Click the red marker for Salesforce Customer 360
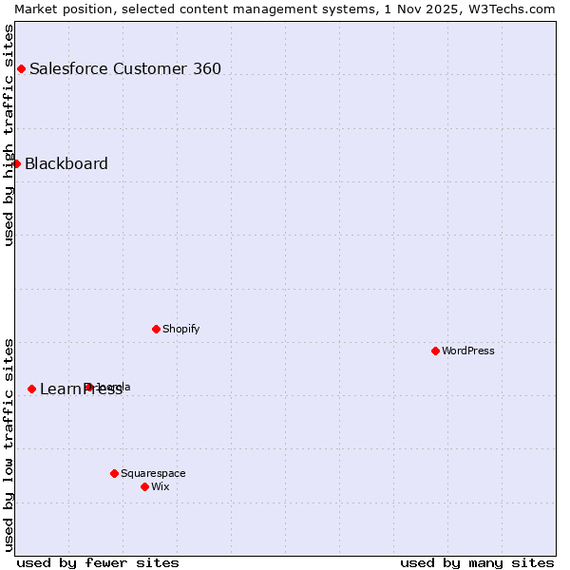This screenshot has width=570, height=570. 21,68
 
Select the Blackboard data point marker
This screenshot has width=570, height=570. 16,163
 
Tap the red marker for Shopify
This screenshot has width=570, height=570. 156,329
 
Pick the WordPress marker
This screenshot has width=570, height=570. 435,351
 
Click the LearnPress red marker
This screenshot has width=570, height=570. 31,389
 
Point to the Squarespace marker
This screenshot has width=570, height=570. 114,473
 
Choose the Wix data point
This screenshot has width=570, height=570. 144,486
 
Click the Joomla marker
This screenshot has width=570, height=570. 88,387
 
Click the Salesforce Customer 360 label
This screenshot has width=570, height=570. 125,68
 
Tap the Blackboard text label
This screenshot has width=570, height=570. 66,163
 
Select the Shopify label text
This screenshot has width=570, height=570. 180,329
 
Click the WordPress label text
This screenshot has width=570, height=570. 468,351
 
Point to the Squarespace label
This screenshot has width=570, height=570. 153,473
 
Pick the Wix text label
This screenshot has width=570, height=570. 161,486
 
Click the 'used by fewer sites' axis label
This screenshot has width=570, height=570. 98,562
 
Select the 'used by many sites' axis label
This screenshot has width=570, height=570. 477,562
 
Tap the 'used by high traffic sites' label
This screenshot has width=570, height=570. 9,135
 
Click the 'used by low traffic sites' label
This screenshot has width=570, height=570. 9,445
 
